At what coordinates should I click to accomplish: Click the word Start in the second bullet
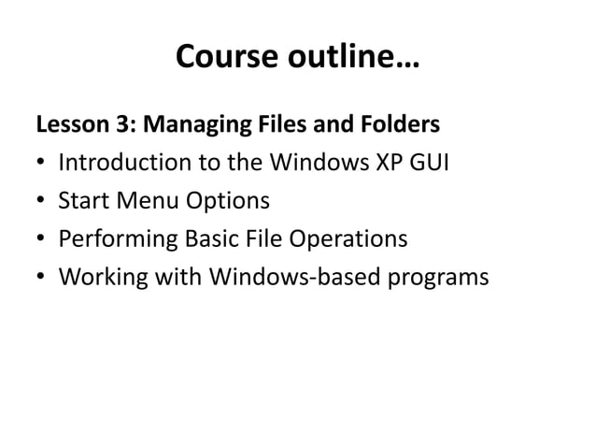[80, 201]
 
